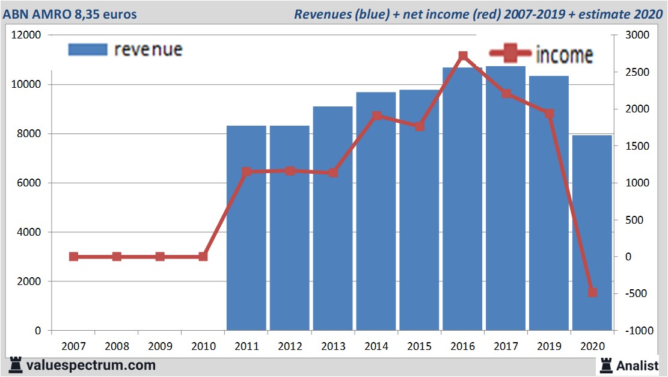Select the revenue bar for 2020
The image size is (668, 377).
click(592, 234)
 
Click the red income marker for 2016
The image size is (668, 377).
click(462, 57)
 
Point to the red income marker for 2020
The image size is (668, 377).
click(592, 292)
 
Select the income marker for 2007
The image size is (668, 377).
click(73, 257)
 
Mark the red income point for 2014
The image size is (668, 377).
click(376, 115)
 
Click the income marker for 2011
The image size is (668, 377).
click(246, 172)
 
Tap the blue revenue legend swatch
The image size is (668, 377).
click(88, 49)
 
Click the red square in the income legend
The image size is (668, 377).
click(510, 54)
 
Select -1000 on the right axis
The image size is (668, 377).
click(638, 331)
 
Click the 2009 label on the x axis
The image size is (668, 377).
click(160, 346)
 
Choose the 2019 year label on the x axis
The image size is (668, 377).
click(549, 346)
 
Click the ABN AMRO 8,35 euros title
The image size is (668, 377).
click(70, 14)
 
